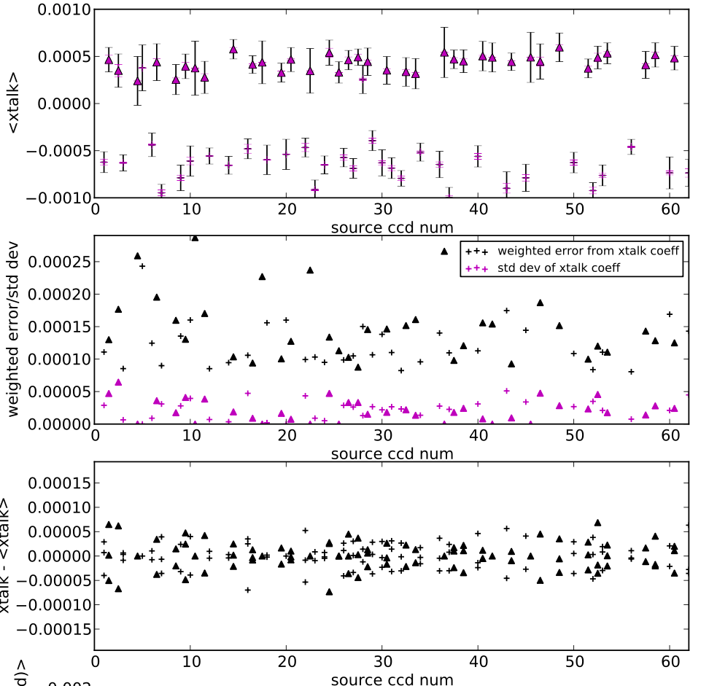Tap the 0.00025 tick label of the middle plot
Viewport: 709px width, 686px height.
[x=55, y=262]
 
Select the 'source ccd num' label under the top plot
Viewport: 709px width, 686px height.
[x=392, y=227]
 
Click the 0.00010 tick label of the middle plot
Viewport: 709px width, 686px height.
[x=55, y=359]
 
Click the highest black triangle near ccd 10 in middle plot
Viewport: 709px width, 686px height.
[x=195, y=238]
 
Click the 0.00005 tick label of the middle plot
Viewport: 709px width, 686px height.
[x=55, y=392]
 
